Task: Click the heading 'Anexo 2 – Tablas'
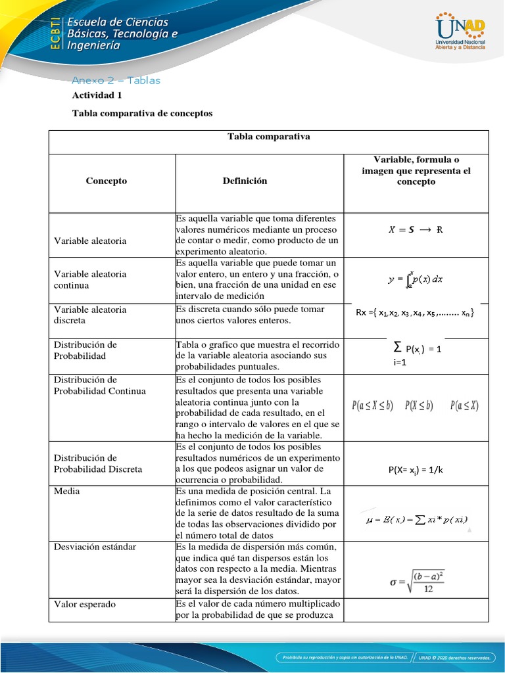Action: pos(116,81)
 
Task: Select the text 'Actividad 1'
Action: pos(97,95)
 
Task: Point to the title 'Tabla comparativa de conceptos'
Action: pos(142,113)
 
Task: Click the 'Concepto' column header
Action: pos(107,181)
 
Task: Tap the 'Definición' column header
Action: pos(245,181)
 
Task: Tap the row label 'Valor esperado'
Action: pos(85,604)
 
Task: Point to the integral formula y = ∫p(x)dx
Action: pos(415,279)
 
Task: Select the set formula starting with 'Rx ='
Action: pos(415,313)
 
